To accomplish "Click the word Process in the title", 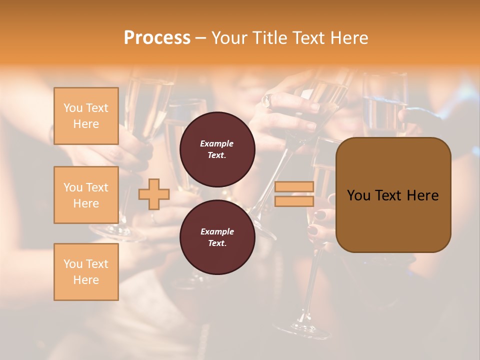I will point(157,37).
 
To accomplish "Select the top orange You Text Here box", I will point(86,116).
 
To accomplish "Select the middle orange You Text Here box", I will point(86,195).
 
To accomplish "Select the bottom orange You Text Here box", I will point(86,271).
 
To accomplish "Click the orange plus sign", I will point(154,194).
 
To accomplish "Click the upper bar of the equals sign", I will point(294,187).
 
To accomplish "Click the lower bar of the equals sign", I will point(294,201).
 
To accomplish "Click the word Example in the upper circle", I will point(217,143).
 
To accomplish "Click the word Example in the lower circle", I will point(217,231).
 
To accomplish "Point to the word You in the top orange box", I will point(72,108).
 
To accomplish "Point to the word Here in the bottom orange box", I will point(86,280).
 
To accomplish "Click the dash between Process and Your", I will point(201,37).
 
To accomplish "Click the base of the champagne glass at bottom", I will point(300,330).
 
